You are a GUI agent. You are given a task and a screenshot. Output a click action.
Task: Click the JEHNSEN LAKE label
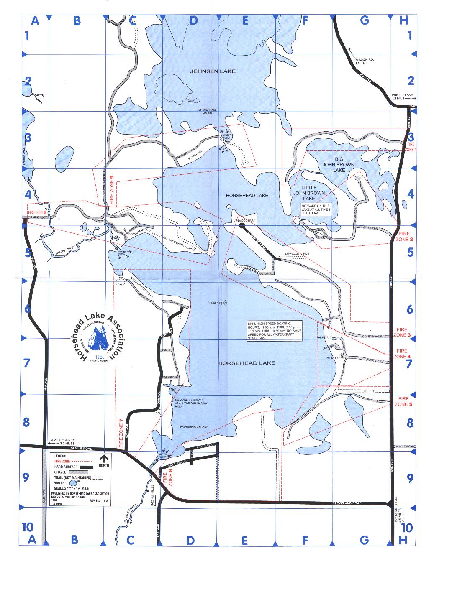click(x=213, y=71)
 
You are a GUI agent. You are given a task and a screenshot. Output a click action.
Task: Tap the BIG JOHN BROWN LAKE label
click(x=333, y=165)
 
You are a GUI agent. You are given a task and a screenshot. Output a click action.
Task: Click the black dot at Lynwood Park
click(x=242, y=226)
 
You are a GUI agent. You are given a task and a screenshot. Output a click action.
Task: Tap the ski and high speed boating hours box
click(x=274, y=331)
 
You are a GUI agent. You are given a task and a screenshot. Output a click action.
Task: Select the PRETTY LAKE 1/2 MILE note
click(x=402, y=97)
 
